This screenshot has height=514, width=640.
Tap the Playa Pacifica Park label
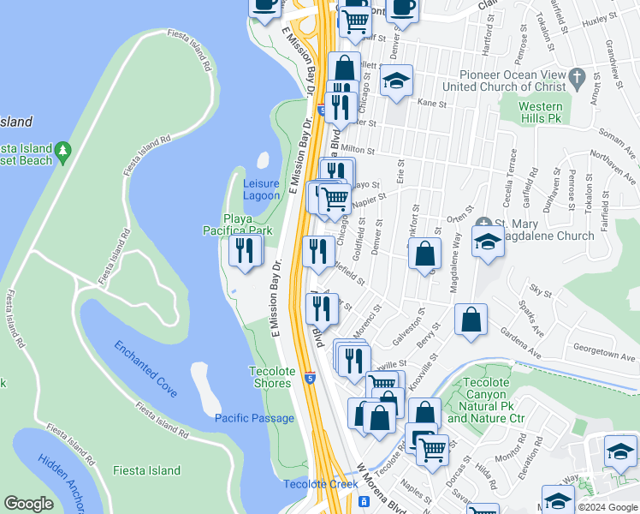point(237,224)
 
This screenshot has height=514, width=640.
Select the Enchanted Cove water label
point(145,368)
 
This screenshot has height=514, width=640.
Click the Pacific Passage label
point(254,418)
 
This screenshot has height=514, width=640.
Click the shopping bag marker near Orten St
point(424,254)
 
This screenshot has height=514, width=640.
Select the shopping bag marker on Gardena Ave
point(471,320)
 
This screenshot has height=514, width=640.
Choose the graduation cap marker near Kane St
point(396,82)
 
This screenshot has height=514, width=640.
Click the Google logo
point(29,504)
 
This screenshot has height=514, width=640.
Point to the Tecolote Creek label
point(320,485)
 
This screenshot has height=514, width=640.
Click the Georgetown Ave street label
point(584,350)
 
